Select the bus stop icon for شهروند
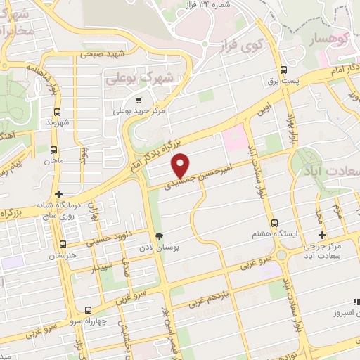pyautogui.click(x=57, y=110)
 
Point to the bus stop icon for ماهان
pyautogui.click(x=53, y=149)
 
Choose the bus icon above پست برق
pyautogui.click(x=284, y=70)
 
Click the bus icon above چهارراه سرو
pyautogui.click(x=89, y=310)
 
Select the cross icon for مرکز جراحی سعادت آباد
pyautogui.click(x=323, y=236)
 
